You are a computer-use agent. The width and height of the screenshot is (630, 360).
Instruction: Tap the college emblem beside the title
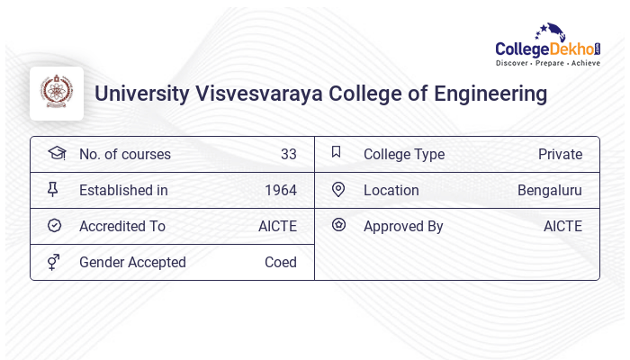click(x=57, y=94)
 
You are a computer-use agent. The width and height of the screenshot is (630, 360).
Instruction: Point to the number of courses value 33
click(x=288, y=154)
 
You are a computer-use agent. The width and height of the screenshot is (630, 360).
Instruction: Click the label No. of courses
click(x=124, y=154)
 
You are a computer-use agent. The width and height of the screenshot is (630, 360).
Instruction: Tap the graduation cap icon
click(x=56, y=153)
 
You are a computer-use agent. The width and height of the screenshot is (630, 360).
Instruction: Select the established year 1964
click(x=281, y=190)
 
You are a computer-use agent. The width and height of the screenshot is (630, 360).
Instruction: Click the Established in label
click(x=123, y=190)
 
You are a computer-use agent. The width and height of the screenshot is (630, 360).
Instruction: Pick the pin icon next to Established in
click(x=53, y=189)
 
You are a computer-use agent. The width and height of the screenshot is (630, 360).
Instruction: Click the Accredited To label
click(x=122, y=226)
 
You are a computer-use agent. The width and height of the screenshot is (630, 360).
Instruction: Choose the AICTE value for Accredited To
click(x=277, y=226)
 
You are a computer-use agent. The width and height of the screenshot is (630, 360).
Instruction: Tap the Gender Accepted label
click(x=132, y=262)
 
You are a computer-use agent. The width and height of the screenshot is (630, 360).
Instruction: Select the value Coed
click(x=281, y=262)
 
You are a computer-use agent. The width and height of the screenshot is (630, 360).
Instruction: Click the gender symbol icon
click(x=54, y=262)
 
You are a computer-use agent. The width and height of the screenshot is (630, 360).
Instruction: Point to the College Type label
click(x=404, y=154)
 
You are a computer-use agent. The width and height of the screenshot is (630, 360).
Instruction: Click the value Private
click(x=560, y=154)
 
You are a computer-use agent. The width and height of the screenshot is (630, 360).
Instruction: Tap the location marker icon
click(x=338, y=189)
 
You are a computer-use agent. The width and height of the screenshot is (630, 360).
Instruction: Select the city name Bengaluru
click(x=550, y=190)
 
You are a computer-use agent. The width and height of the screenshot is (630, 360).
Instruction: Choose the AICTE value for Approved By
click(x=562, y=226)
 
